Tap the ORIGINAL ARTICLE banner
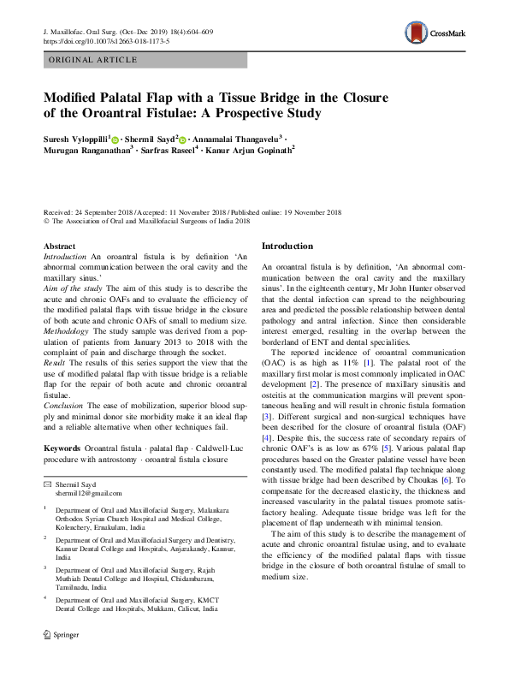click(93, 60)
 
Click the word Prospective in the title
click(241, 113)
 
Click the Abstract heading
click(59, 246)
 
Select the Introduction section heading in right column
click(287, 246)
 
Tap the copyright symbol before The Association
click(46, 221)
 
